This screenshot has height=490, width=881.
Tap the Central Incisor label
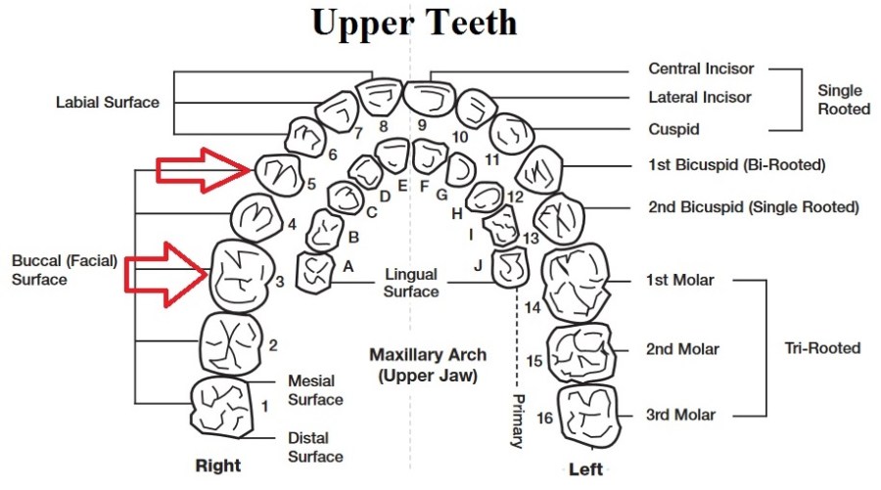[701, 68]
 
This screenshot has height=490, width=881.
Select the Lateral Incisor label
[700, 98]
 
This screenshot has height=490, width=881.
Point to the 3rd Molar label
[680, 415]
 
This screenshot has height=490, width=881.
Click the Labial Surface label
[108, 102]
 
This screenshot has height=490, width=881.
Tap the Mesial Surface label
[315, 390]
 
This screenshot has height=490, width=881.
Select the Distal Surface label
[315, 447]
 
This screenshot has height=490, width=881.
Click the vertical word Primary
[519, 421]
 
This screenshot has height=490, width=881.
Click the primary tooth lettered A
[315, 270]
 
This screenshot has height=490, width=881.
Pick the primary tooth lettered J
[510, 267]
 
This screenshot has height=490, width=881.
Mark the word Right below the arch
[217, 465]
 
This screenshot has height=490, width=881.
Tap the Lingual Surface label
[411, 284]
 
